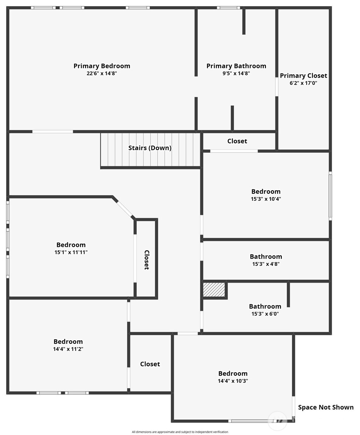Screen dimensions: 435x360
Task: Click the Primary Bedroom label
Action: pos(102,66)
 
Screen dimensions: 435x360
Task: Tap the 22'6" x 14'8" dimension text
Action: pos(102,73)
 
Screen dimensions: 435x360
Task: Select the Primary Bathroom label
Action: pos(236,66)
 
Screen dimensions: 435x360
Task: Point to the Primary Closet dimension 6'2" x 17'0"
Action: pos(303,83)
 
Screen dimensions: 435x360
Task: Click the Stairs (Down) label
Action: pos(150,148)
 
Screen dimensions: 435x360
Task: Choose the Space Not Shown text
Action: pos(326,407)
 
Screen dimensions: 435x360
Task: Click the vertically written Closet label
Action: pos(147,260)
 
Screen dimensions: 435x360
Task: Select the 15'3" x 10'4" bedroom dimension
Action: pos(266,199)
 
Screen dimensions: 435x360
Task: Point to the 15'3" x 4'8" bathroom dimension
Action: pos(266,264)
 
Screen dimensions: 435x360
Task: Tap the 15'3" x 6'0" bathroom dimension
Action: pos(265,314)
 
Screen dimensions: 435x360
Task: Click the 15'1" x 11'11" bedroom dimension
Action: pos(71,252)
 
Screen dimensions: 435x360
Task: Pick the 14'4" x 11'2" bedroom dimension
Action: pos(68,349)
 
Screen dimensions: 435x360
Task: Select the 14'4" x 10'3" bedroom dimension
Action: pos(233,381)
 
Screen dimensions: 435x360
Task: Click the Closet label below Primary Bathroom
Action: pos(237,141)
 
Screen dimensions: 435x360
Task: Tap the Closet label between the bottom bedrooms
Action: pos(150,364)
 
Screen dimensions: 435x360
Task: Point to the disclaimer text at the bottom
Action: pos(180,432)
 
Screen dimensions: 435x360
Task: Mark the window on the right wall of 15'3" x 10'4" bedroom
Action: pos(330,196)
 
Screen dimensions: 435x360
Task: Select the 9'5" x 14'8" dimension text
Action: pos(236,73)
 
